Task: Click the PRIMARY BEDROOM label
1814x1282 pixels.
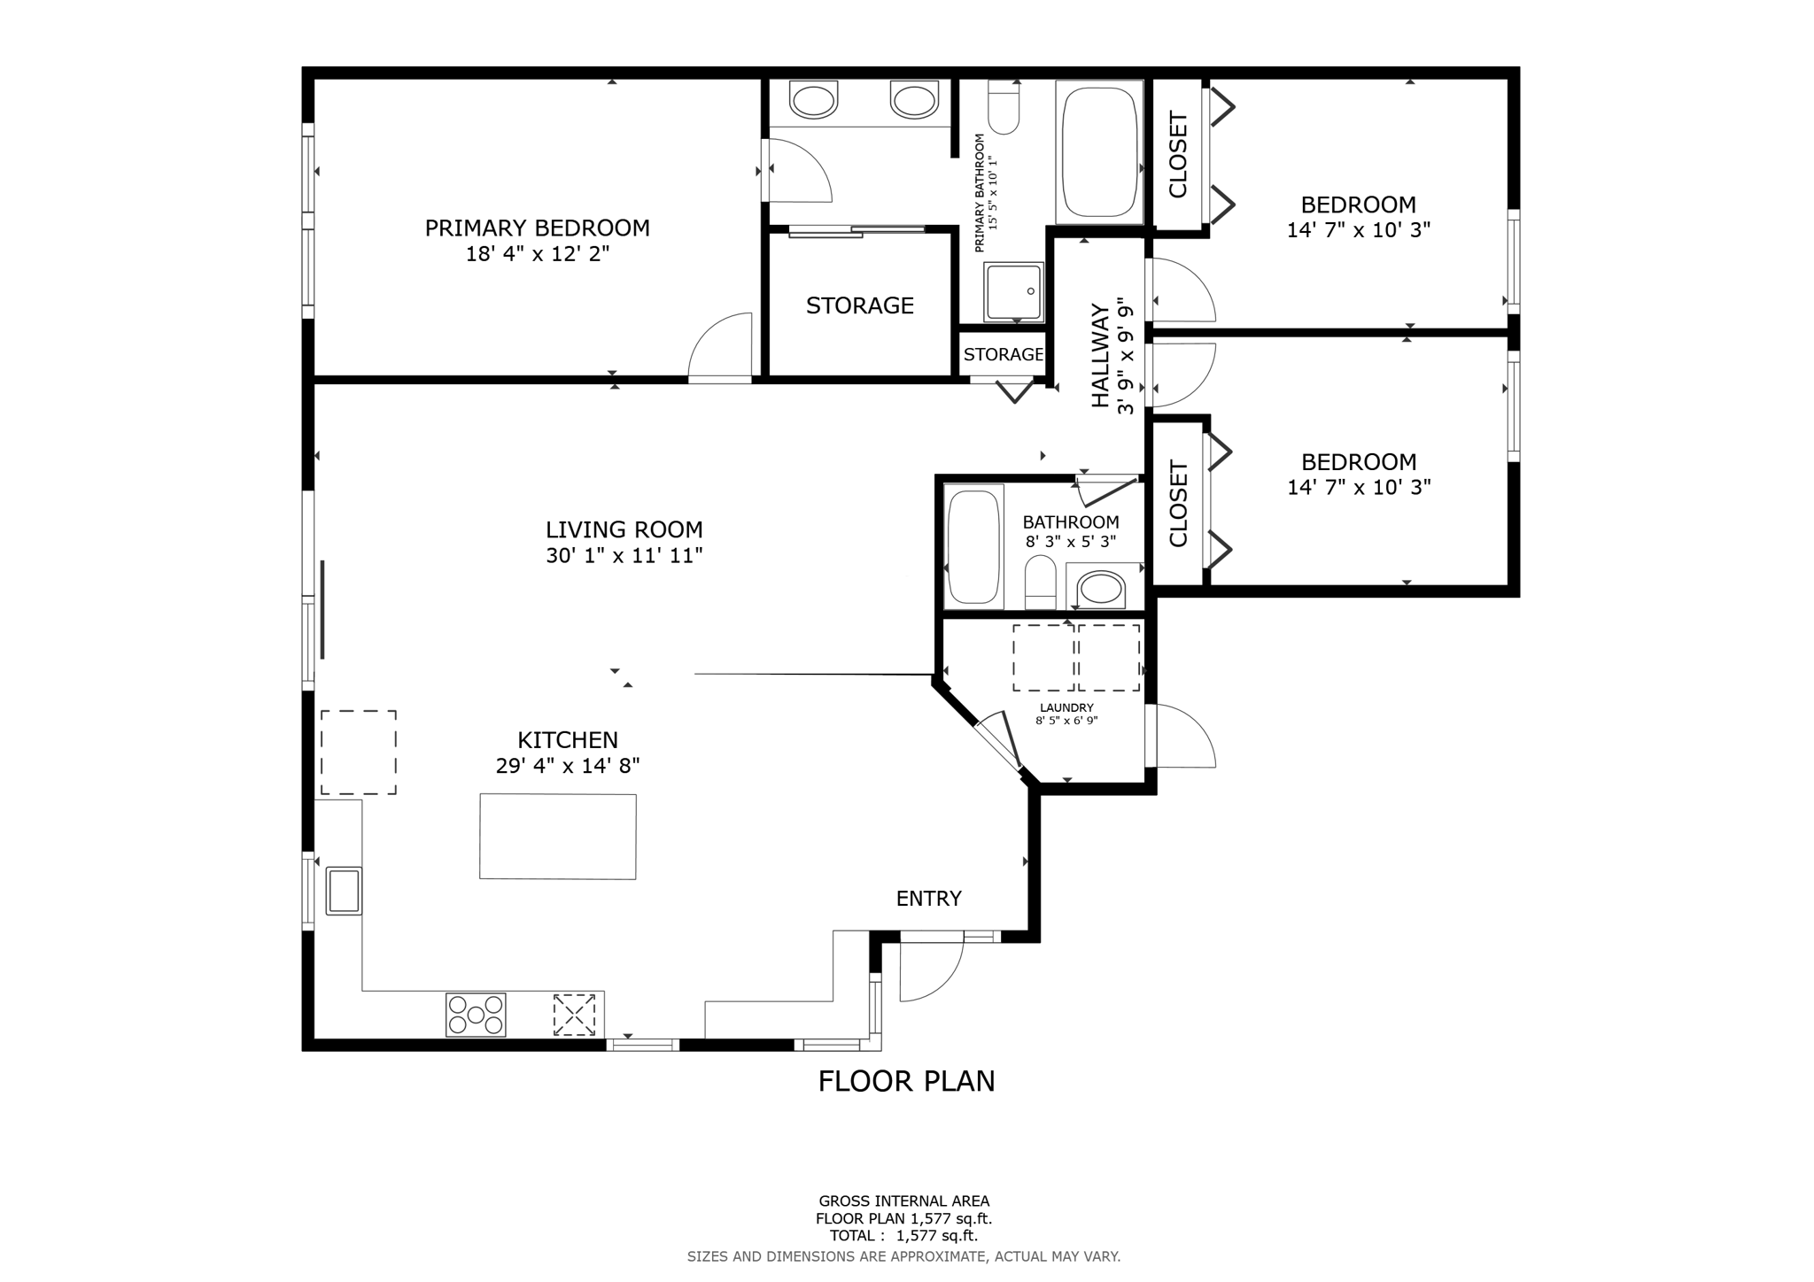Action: [537, 228]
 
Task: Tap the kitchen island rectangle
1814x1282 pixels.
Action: [558, 837]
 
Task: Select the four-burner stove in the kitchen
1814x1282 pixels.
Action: [476, 1015]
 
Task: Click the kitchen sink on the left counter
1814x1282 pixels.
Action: [344, 891]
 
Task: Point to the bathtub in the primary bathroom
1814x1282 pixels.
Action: [1099, 152]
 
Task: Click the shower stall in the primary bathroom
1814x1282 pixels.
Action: [1013, 292]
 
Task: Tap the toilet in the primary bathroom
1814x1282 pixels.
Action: [1004, 107]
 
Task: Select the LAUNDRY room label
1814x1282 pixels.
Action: [1066, 707]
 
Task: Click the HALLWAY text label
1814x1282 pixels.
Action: [1100, 356]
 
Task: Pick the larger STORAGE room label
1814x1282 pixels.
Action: [859, 306]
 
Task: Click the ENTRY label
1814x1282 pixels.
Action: [928, 899]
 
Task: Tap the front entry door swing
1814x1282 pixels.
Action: [931, 970]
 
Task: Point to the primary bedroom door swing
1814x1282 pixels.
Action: [720, 346]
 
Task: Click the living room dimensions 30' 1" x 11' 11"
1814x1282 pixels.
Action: [624, 556]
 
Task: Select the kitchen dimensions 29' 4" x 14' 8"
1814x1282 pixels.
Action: [568, 766]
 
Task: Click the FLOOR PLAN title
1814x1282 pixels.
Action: [906, 1081]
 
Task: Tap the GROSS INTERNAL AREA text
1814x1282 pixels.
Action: [903, 1201]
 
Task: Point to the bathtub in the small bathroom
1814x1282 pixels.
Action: [973, 546]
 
